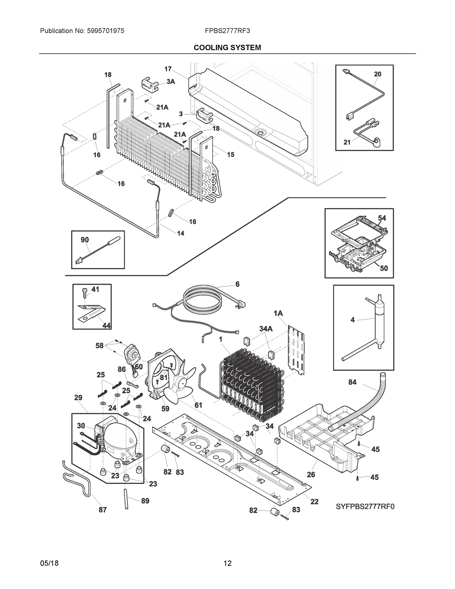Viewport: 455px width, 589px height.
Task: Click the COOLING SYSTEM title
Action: point(227,48)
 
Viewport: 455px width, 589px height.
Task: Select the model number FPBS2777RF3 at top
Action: point(227,31)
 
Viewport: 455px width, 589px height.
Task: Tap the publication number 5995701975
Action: point(105,31)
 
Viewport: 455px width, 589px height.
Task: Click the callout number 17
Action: point(168,69)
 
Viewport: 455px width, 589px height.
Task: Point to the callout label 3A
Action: point(171,81)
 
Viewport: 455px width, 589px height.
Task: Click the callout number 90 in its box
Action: point(85,240)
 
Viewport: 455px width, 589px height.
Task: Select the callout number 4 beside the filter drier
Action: point(352,320)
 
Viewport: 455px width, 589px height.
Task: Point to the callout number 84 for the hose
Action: point(352,382)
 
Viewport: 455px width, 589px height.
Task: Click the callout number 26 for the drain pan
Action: point(311,474)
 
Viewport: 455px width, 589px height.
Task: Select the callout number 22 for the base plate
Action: point(314,502)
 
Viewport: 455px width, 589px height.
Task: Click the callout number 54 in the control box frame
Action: point(382,218)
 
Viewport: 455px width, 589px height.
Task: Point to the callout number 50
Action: point(384,268)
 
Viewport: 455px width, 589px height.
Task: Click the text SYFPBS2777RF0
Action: point(365,507)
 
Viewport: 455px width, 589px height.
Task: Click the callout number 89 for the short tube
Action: point(145,501)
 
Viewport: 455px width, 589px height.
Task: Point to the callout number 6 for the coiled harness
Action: point(237,284)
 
